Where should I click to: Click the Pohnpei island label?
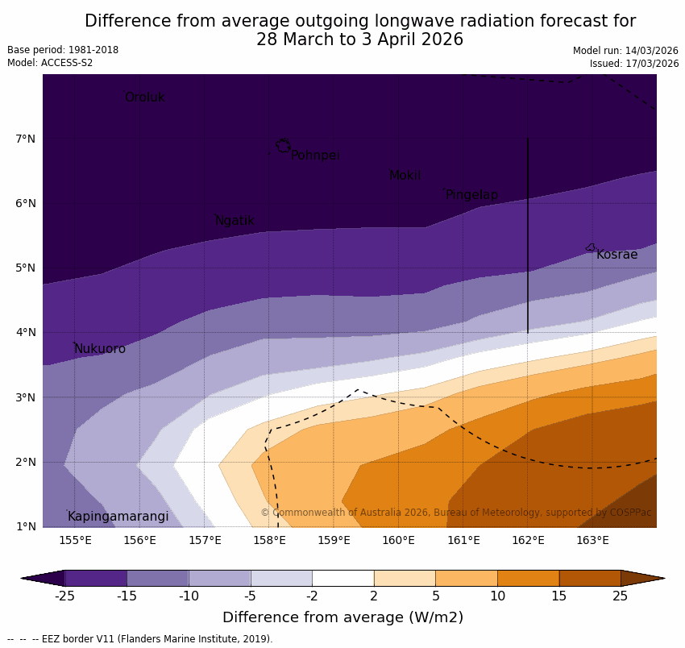pos(315,156)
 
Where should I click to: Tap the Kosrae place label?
pos(616,255)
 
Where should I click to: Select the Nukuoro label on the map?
pos(100,349)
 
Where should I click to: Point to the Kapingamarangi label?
pos(118,517)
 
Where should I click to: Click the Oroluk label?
pos(144,98)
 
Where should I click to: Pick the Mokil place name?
pos(405,176)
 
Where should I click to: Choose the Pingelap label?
pos(471,195)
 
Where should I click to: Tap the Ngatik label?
pos(235,221)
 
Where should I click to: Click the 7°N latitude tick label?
pos(25,139)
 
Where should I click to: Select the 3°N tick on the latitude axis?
pos(25,397)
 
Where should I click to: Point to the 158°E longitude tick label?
pos(269,540)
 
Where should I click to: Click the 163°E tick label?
pos(592,540)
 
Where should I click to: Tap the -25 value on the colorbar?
pos(64,596)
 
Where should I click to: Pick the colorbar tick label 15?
pos(558,596)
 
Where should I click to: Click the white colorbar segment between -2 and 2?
pos(342,578)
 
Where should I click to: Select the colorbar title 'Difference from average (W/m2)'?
pos(342,617)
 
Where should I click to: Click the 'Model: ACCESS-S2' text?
pos(50,63)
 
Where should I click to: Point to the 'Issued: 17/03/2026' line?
pos(633,64)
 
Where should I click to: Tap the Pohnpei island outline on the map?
pos(283,146)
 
